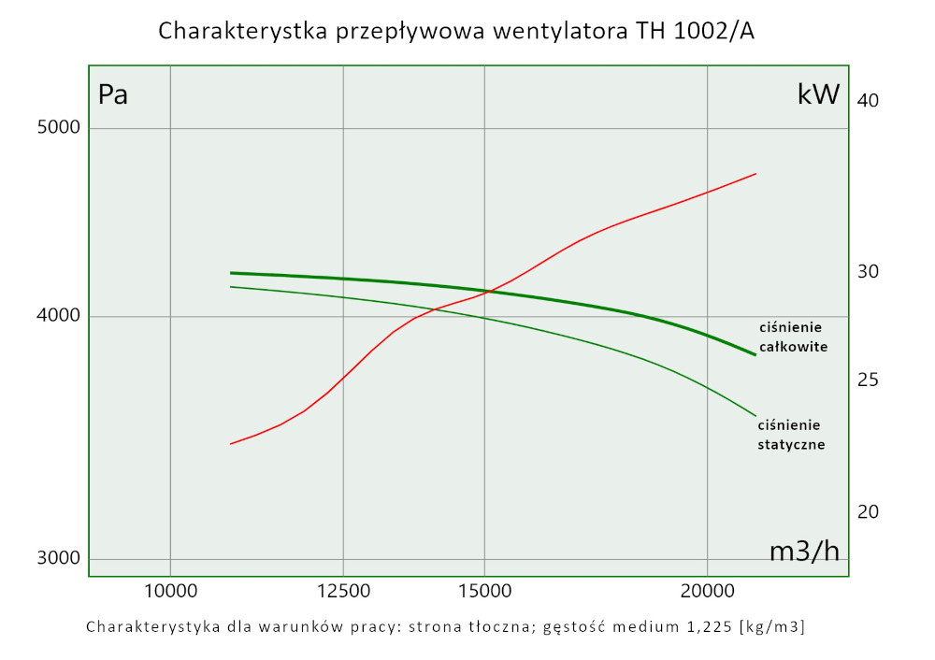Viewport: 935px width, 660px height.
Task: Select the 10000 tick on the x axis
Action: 170,590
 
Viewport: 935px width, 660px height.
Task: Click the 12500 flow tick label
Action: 343,590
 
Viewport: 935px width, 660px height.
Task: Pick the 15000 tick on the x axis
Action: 484,590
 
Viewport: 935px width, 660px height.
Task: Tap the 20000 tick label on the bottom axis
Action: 707,590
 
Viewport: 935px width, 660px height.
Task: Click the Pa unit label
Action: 113,95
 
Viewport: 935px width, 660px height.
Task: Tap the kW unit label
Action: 819,94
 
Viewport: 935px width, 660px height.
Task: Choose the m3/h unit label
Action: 804,552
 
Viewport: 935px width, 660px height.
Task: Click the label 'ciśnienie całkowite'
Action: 793,337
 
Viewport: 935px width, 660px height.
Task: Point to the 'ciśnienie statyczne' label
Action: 791,435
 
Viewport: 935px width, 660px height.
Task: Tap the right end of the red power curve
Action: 755,174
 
